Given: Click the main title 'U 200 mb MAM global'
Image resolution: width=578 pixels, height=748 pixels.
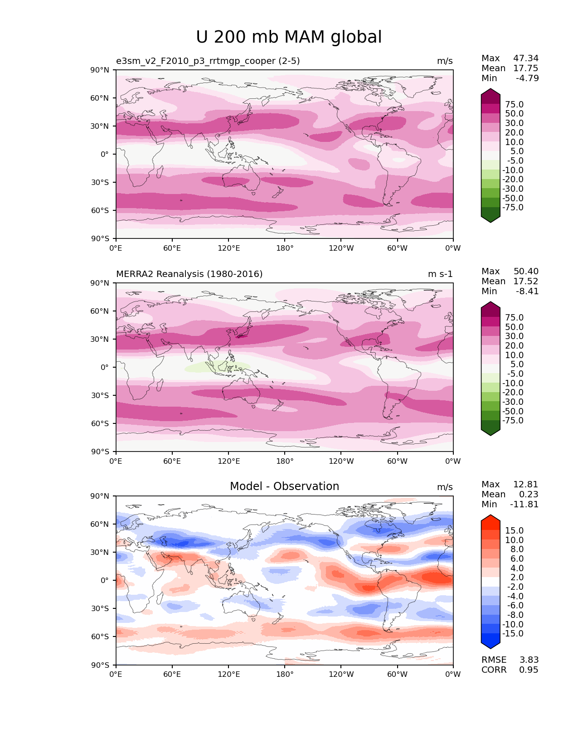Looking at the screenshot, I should click(289, 37).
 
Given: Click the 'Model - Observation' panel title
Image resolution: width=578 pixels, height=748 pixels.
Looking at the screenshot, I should click(284, 486).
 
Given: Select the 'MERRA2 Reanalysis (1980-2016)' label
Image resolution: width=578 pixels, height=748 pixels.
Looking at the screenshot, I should click(189, 274).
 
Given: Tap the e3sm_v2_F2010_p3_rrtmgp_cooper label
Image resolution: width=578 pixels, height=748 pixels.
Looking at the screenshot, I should click(208, 61).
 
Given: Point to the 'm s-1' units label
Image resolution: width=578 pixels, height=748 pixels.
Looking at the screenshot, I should click(440, 274).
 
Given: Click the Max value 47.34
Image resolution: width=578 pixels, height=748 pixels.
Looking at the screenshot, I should click(525, 58).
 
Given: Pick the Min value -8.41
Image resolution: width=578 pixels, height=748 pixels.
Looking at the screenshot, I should click(527, 291).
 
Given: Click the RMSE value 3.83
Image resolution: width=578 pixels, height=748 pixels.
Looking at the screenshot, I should click(529, 660).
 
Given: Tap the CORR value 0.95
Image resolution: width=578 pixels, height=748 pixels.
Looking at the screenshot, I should click(529, 670).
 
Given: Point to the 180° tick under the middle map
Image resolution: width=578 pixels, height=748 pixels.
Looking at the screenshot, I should click(285, 461).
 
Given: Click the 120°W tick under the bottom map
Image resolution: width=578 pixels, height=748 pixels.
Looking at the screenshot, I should click(341, 675).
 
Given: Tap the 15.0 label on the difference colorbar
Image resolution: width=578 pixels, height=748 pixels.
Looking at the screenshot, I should click(514, 531).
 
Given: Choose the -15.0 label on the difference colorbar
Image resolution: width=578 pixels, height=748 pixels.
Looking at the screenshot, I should click(513, 634).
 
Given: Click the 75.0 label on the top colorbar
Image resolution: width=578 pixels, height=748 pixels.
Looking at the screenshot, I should click(514, 105).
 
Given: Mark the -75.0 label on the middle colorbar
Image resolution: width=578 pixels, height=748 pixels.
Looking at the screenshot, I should click(513, 421).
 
